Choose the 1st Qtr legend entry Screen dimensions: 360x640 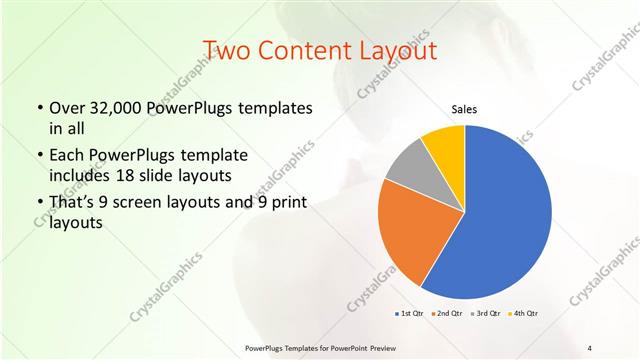click(x=409, y=313)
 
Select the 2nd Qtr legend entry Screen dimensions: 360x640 click(x=447, y=313)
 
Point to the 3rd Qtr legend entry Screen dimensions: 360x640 click(x=485, y=313)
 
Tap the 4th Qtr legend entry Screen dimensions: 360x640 click(x=524, y=313)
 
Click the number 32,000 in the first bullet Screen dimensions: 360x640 click(x=112, y=108)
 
